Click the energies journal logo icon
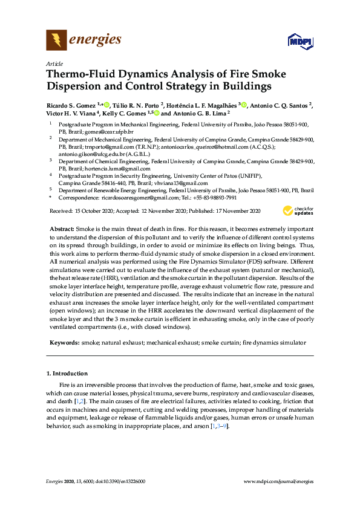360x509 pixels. point(57,41)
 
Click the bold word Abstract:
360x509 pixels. point(61,230)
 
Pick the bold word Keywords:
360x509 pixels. point(64,342)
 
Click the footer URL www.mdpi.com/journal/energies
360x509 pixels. point(278,481)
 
